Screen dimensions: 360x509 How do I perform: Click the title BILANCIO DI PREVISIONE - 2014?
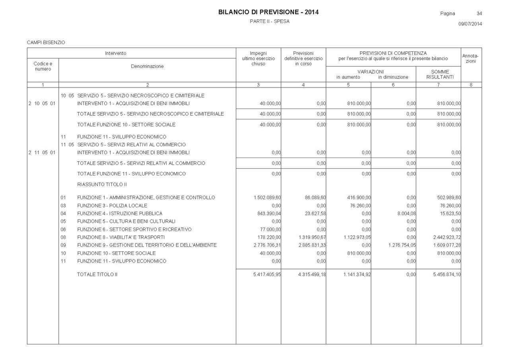pos(268,12)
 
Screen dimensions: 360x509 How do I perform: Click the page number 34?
pos(479,14)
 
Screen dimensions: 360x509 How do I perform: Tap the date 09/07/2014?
pos(470,24)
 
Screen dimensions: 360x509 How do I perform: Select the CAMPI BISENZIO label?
pos(46,42)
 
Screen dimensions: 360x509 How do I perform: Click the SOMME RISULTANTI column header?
pos(440,74)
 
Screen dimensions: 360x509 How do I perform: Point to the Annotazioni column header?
pos(471,58)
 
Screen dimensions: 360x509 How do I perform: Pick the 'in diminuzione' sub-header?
pos(393,77)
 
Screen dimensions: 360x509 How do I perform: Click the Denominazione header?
pos(147,66)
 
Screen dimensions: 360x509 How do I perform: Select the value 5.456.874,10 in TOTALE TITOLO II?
pos(447,274)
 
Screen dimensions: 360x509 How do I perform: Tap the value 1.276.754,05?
pos(402,245)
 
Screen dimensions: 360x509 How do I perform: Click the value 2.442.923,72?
pos(447,237)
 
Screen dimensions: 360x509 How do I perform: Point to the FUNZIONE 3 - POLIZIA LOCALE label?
pos(112,206)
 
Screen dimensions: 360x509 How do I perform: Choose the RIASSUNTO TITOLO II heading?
pos(102,185)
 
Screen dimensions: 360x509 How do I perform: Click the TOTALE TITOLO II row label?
pos(97,274)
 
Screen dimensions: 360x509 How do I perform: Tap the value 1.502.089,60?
pos(267,198)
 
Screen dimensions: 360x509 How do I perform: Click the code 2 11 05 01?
pos(42,153)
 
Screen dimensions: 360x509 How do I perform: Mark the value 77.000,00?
pos(271,230)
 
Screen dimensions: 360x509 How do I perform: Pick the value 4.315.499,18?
pos(312,274)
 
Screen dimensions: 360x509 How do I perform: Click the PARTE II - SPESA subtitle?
pos(270,21)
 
